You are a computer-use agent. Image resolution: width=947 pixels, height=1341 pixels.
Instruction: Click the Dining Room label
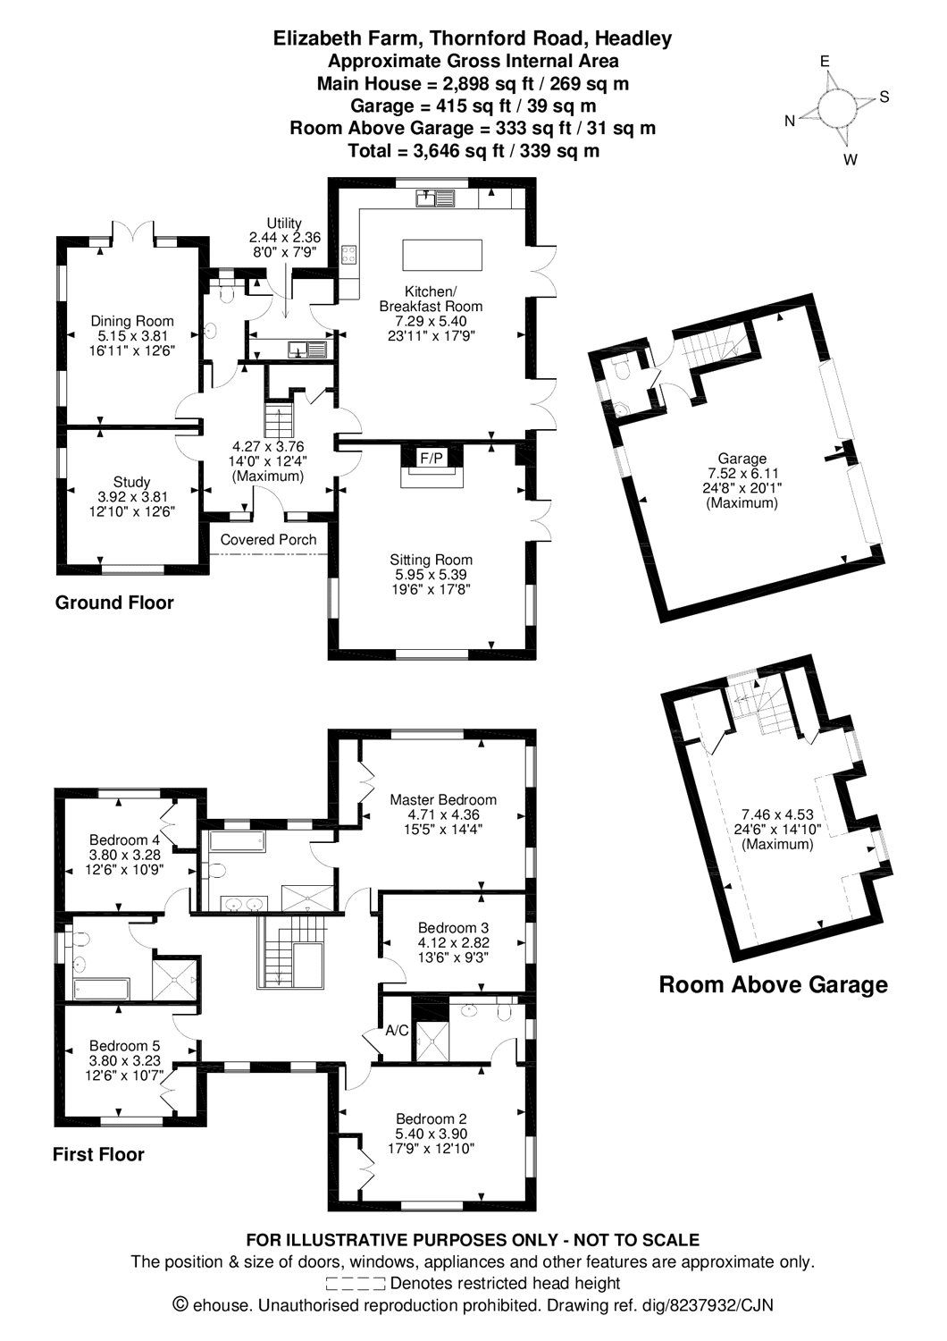pyautogui.click(x=131, y=321)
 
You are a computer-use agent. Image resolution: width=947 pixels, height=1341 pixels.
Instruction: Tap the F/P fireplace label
pyautogui.click(x=432, y=459)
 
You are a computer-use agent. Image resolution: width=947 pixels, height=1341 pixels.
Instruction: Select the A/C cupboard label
pyautogui.click(x=396, y=1031)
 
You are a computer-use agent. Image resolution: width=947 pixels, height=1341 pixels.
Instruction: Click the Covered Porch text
pyautogui.click(x=268, y=539)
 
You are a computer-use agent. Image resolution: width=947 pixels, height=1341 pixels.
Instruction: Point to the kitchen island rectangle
pyautogui.click(x=442, y=254)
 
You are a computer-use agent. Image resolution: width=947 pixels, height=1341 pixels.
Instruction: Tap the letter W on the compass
pyautogui.click(x=851, y=160)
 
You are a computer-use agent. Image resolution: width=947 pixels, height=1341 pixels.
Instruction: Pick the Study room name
pyautogui.click(x=131, y=482)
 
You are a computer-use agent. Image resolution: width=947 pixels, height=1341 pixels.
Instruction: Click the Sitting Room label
pyautogui.click(x=431, y=560)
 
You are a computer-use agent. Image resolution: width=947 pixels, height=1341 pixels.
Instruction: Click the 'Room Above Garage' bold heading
pyautogui.click(x=773, y=985)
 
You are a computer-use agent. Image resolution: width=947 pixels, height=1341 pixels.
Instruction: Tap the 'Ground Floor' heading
pyautogui.click(x=114, y=603)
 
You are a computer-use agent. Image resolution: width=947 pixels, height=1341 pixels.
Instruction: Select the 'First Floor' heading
pyautogui.click(x=98, y=1154)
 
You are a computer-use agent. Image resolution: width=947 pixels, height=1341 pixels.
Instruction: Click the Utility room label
pyautogui.click(x=284, y=223)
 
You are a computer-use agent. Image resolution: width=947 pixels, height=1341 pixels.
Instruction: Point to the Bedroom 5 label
pyautogui.click(x=124, y=1045)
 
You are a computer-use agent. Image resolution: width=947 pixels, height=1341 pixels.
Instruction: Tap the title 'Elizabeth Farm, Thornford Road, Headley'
pyautogui.click(x=473, y=38)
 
